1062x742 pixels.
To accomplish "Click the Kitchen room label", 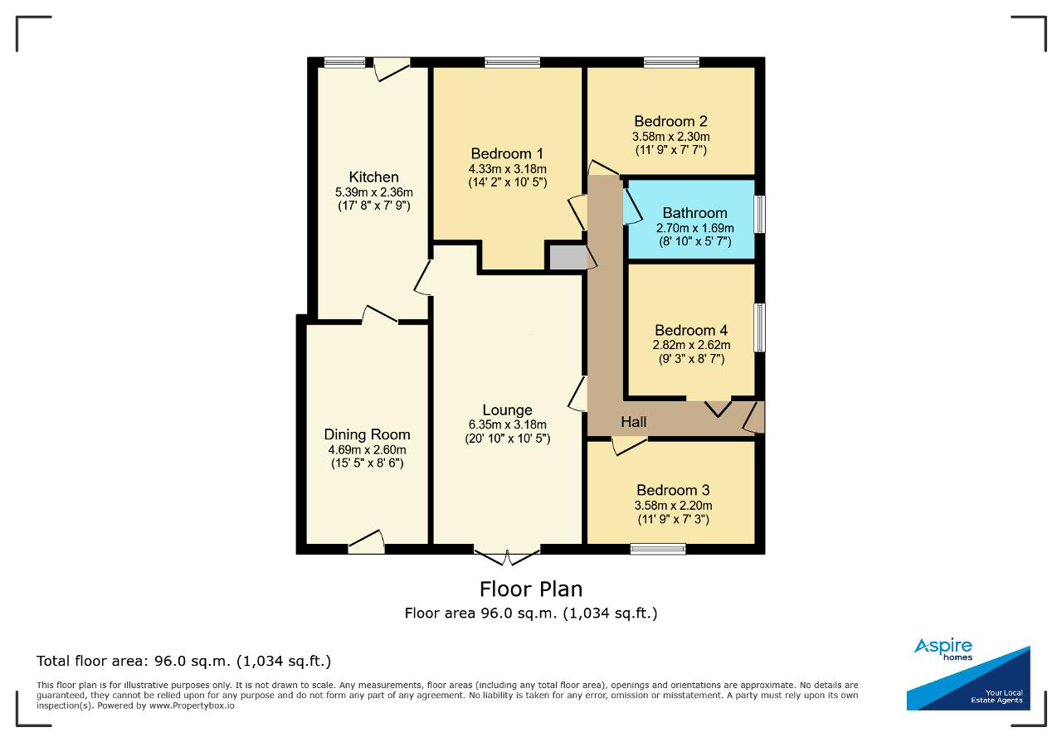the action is (x=373, y=177).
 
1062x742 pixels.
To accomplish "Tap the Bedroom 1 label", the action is (x=507, y=153).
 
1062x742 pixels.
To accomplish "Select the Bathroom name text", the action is (x=694, y=213).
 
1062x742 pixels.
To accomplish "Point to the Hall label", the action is (x=633, y=422).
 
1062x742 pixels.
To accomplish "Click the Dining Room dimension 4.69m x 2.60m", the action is (x=367, y=449).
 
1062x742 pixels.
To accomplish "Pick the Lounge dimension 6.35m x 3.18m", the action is (x=507, y=424).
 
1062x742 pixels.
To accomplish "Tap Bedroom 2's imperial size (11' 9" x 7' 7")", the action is (x=671, y=150).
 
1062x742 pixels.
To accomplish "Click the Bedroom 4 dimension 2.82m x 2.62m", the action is (x=691, y=345).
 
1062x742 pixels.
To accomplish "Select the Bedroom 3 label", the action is (x=673, y=490).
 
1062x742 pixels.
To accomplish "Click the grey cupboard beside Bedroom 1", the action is (x=568, y=258).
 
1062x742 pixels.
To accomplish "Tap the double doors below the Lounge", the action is (x=507, y=556).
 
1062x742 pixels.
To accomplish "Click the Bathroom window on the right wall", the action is (x=759, y=214).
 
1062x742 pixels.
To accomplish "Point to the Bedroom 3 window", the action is (x=658, y=549).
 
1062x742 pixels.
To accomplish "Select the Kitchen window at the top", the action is (x=344, y=62).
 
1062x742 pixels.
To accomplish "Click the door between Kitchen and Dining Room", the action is (x=380, y=315).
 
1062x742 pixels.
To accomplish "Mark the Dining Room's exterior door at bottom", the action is (x=366, y=542).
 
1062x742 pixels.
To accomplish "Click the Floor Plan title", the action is (x=530, y=589).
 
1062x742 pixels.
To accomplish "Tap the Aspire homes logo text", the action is (x=943, y=649).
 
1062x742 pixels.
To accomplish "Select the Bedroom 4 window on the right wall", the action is (x=759, y=327).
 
